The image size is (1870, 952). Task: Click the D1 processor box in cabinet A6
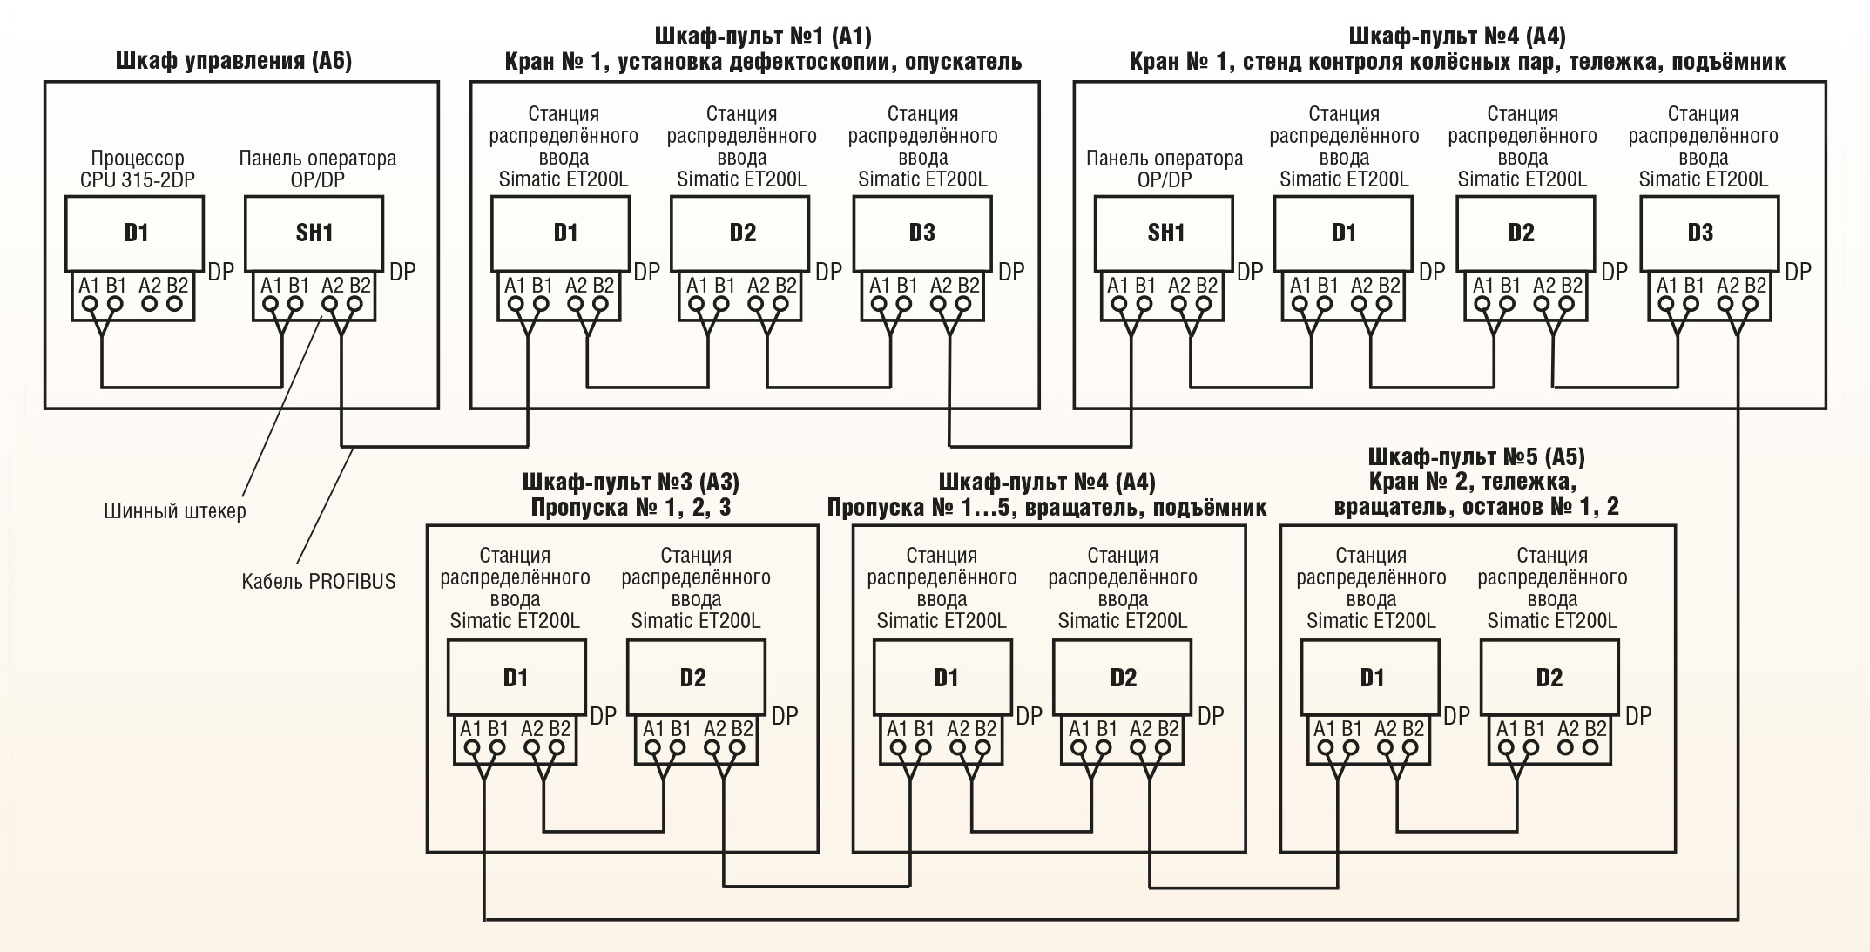tap(134, 233)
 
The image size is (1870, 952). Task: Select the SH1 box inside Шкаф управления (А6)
tap(314, 233)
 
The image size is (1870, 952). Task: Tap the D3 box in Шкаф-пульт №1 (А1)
tap(921, 233)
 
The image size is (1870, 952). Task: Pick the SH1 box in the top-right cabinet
tap(1165, 233)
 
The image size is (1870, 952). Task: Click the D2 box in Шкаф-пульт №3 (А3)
tap(696, 677)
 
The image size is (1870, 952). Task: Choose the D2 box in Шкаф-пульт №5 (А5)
tap(1549, 677)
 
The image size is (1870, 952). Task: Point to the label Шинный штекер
tap(174, 511)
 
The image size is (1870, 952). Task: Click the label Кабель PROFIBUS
tap(318, 581)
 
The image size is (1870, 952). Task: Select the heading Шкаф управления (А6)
tap(233, 61)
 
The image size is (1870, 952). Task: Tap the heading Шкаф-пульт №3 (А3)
tap(631, 482)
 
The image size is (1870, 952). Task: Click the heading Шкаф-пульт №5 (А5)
tap(1476, 456)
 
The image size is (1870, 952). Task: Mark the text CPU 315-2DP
tap(138, 180)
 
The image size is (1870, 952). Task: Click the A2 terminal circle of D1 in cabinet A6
tap(150, 304)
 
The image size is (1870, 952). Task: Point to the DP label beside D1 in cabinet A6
tap(220, 272)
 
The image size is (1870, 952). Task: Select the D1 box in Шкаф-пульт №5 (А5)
tap(1370, 677)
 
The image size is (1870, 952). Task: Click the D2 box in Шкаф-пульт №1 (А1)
tap(741, 233)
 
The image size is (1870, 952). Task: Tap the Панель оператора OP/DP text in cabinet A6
tap(317, 169)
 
